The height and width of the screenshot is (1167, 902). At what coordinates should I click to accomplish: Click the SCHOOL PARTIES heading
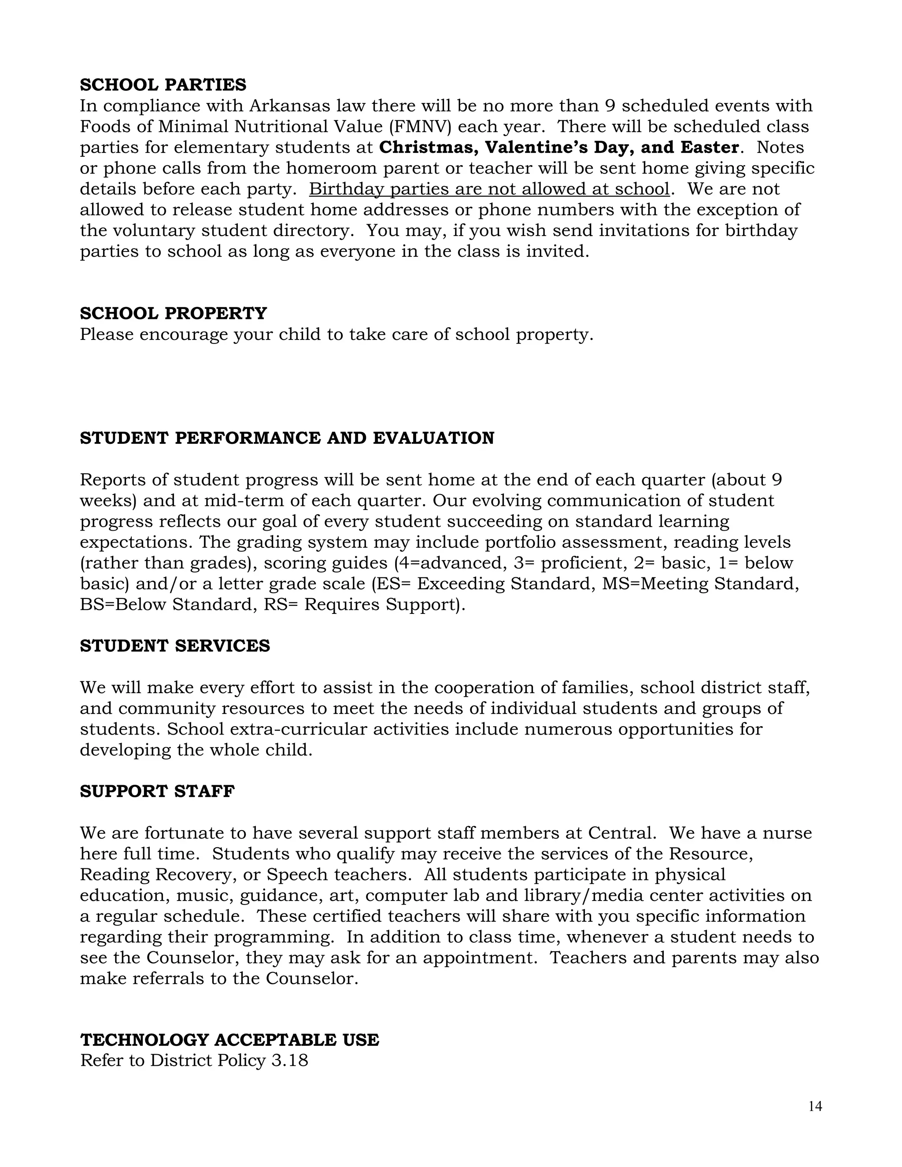tap(163, 85)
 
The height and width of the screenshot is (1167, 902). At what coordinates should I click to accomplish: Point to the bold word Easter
tap(709, 148)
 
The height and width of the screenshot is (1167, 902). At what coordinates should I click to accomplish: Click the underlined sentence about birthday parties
tap(489, 189)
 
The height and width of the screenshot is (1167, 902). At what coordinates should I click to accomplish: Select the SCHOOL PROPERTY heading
tap(173, 314)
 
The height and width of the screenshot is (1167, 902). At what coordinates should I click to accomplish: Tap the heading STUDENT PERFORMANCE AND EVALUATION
tap(287, 438)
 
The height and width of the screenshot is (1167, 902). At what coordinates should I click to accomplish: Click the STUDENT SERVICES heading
tap(175, 646)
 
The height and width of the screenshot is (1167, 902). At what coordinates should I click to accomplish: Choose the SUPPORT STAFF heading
tap(157, 791)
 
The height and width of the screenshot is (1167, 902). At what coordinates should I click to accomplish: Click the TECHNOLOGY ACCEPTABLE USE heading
tap(230, 1040)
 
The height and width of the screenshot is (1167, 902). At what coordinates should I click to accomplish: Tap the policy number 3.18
tap(290, 1061)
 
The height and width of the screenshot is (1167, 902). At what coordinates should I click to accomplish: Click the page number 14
tap(815, 1107)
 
